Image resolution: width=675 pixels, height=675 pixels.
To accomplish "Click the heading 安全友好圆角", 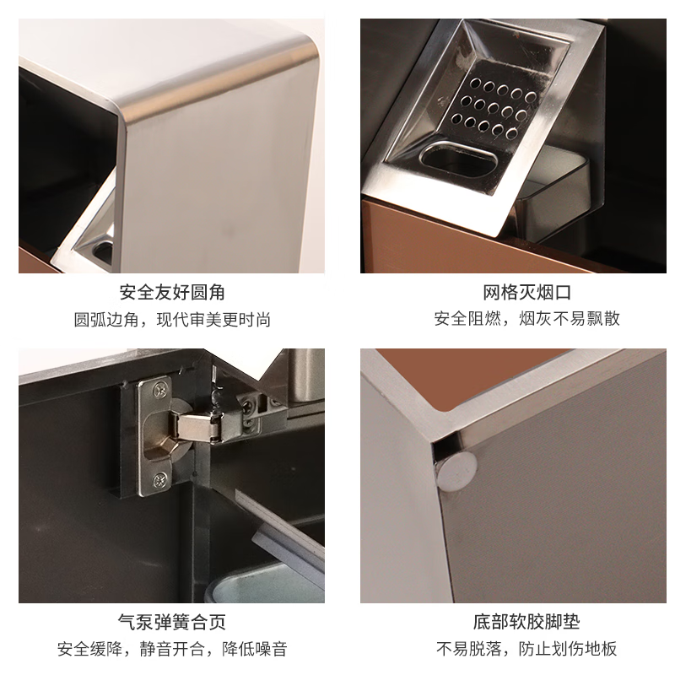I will point(171,294).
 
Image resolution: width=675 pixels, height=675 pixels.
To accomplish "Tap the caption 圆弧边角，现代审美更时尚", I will point(171,320).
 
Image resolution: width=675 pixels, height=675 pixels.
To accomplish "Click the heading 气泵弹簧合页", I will point(171,624).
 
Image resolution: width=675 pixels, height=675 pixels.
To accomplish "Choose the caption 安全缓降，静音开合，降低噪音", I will point(171,649).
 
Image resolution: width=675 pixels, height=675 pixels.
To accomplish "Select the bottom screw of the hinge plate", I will point(157,481).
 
